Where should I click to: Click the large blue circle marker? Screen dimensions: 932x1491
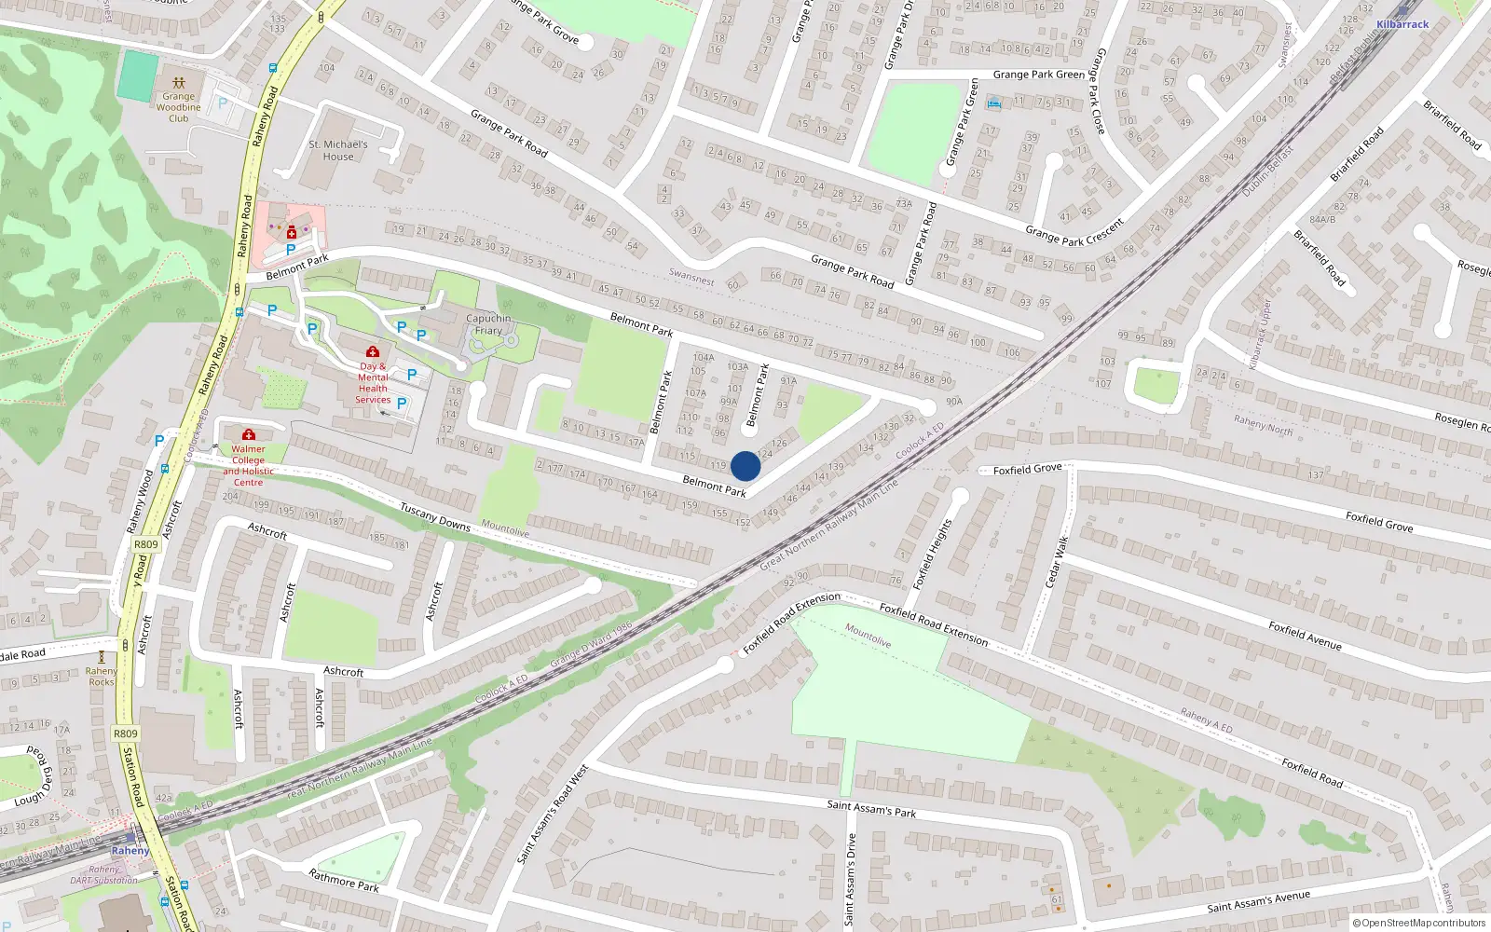pos(745,466)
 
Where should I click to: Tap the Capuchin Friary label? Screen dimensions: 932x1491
pos(488,324)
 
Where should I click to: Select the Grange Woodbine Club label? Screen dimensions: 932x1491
pos(178,107)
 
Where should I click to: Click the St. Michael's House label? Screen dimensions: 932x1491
pos(338,151)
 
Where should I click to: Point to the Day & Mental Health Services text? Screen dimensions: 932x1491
pos(373,383)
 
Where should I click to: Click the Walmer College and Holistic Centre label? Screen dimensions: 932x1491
pos(248,465)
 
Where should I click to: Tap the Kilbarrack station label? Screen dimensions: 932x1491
pos(1402,24)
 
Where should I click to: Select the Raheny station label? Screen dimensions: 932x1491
pos(130,850)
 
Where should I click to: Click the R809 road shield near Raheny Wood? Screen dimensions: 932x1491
pos(146,544)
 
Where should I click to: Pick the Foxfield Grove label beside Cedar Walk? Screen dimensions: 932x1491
pos(1027,470)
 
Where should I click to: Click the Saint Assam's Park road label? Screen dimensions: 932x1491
pos(871,808)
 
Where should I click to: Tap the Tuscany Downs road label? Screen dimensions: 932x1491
pos(435,516)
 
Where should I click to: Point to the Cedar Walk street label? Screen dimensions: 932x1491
pos(1054,561)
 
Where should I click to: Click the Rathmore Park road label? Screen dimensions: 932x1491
pos(344,880)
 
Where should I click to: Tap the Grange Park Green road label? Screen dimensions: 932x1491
pos(1038,75)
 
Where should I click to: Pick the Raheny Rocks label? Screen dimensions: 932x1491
pos(102,677)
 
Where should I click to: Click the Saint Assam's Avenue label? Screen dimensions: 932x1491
pos(1258,901)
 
